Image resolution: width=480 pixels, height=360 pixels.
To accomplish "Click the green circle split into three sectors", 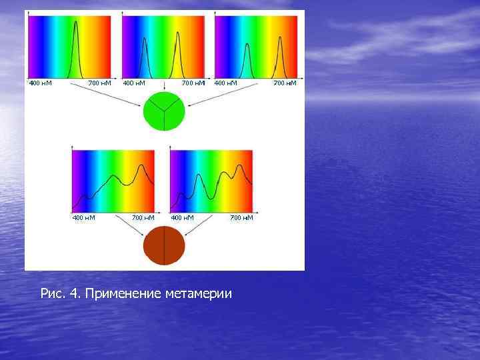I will point(163,111).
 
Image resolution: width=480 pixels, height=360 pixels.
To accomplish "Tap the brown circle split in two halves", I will point(164,246).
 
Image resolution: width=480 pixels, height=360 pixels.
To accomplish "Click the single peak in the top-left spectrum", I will point(76,27).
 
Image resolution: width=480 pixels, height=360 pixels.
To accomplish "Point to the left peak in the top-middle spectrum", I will point(144,49).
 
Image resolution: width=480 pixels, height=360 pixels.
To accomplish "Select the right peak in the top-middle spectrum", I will point(177,37).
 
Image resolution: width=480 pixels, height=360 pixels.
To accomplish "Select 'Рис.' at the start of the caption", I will point(52,293).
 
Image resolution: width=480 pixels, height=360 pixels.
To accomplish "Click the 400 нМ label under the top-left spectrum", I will point(40,83).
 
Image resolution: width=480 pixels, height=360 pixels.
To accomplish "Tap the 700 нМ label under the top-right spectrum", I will point(285,83).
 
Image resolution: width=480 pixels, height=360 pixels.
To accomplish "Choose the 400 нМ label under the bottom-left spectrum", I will point(83,217).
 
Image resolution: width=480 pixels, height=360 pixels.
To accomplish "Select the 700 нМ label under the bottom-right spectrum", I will point(241,217).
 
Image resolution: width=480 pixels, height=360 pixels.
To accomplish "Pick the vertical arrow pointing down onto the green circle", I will point(165,87).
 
